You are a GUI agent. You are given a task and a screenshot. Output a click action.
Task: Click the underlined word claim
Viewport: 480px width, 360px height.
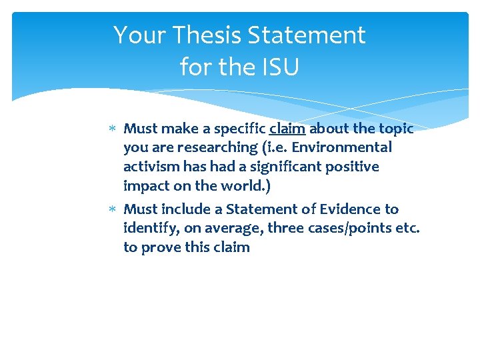coord(287,129)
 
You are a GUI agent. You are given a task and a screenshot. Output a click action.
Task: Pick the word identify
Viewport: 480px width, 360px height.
coord(148,229)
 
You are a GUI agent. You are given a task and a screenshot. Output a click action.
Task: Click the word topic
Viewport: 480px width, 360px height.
coord(397,129)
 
